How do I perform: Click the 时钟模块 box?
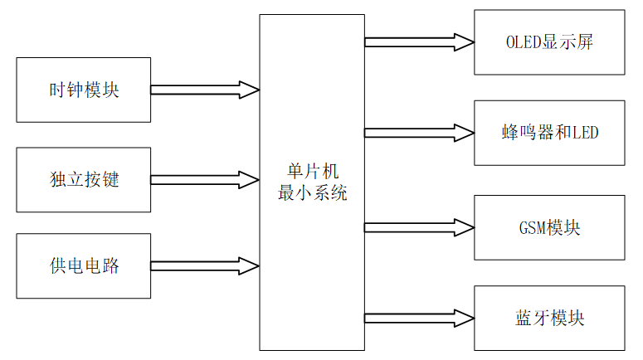(83, 90)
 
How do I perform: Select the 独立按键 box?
(83, 179)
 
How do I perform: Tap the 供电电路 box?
(83, 266)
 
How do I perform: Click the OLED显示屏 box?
(549, 42)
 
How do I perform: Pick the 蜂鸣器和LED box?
(549, 132)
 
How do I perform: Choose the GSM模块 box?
(549, 227)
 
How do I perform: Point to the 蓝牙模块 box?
(549, 318)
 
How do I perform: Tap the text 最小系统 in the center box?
(312, 193)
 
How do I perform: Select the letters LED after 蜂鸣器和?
(584, 132)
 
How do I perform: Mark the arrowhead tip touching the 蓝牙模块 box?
(473, 318)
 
